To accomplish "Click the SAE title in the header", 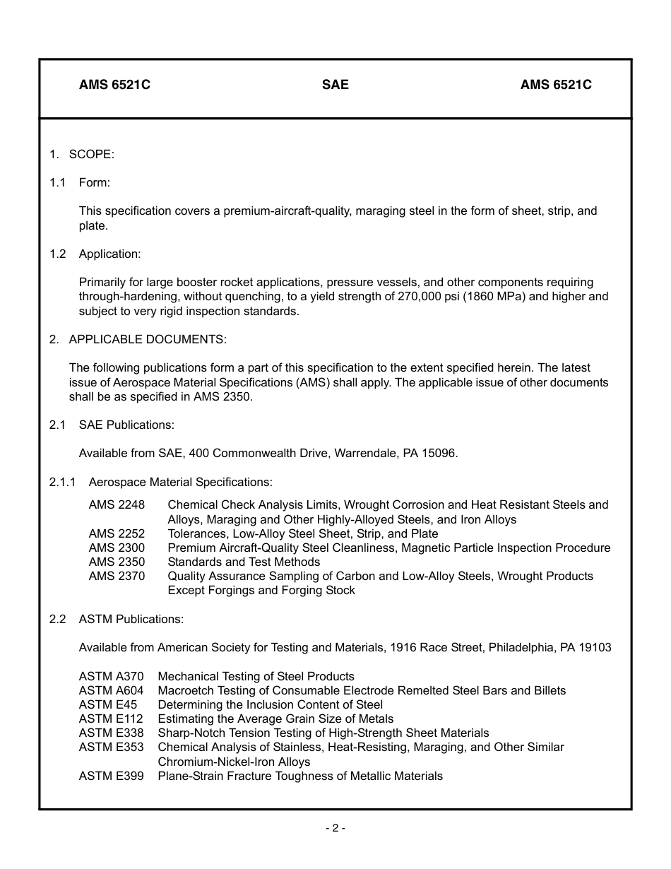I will pos(335,85).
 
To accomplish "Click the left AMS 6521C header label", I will pos(114,85).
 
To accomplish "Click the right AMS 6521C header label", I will pos(556,85).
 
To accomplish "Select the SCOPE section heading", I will pos(91,154).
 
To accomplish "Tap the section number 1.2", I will pos(57,254).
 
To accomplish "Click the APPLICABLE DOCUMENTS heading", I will pos(148,339).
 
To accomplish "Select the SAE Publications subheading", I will pos(126,425).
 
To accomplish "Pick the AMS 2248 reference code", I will pos(117,504).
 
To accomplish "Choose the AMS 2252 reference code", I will pos(117,533).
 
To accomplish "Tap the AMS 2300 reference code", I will pos(117,548).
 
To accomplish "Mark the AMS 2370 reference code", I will pos(117,576).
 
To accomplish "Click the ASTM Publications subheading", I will pos(131,619).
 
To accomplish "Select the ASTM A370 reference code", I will pos(111,676).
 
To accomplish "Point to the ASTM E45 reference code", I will pos(108,704).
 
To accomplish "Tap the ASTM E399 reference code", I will pos(111,776).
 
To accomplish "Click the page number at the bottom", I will pos(335,828).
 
